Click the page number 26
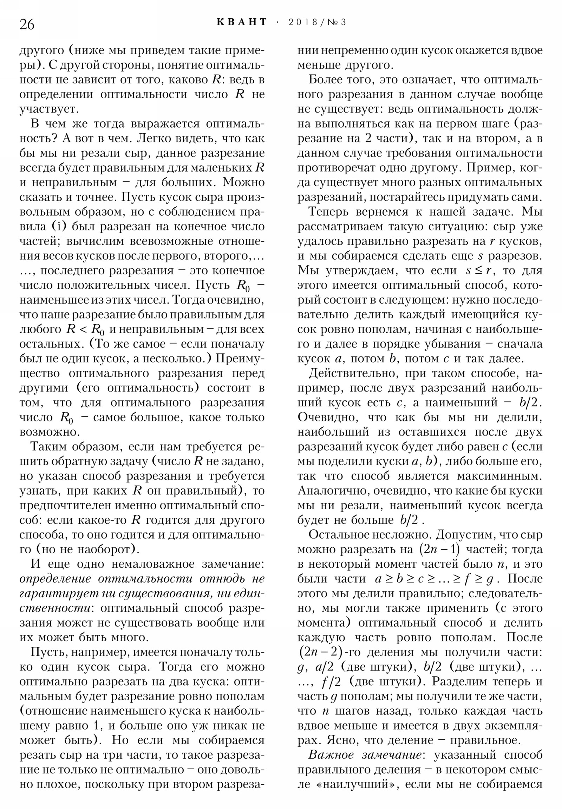pos(27,24)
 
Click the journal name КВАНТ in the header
pos(242,22)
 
